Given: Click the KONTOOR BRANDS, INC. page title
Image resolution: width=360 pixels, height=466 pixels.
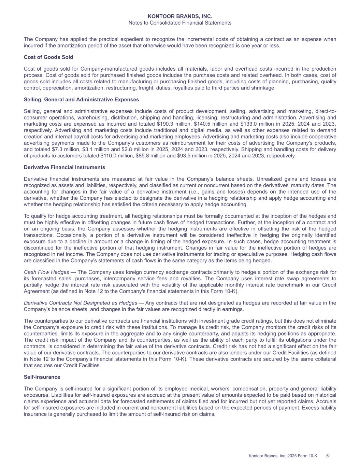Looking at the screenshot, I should tap(180, 16).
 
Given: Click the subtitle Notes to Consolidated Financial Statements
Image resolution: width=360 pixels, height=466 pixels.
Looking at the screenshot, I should tap(180, 23).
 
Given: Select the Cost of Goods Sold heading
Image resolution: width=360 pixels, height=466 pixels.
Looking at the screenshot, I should tap(48, 57).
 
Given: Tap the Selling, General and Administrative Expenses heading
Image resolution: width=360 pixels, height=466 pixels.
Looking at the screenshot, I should tap(81, 100).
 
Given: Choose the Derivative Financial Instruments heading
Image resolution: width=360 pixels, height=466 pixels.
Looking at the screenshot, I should tap(64, 167).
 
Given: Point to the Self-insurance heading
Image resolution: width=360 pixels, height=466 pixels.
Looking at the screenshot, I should tap(42, 377).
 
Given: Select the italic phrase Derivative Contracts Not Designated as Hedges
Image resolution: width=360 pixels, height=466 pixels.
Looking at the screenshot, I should tap(81, 303).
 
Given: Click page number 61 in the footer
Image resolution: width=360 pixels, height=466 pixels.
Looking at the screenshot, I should tap(329, 456).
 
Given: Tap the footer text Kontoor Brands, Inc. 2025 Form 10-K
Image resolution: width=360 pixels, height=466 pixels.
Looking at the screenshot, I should tap(283, 456).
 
